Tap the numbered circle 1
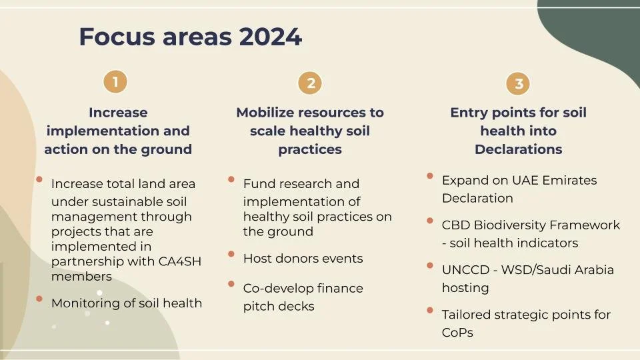click(x=115, y=82)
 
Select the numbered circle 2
click(x=311, y=83)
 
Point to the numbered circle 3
click(x=519, y=83)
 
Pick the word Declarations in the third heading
click(x=519, y=149)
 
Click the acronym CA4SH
click(x=180, y=261)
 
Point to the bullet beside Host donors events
click(x=231, y=254)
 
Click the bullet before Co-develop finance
click(x=231, y=284)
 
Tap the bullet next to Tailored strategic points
click(x=430, y=310)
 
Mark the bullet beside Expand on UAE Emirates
click(x=430, y=176)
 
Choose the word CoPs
click(x=457, y=332)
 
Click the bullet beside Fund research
click(x=231, y=179)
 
